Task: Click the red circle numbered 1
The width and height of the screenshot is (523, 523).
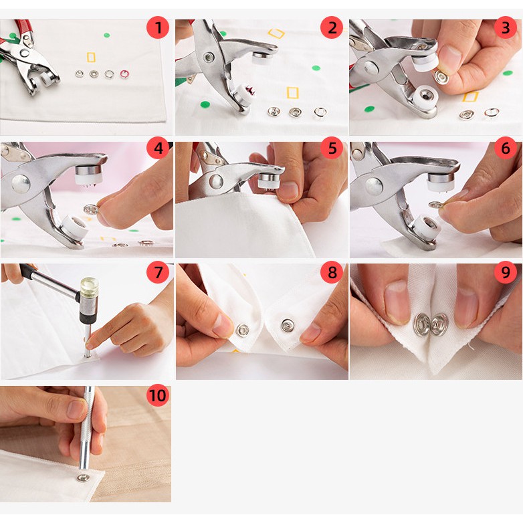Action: point(158,27)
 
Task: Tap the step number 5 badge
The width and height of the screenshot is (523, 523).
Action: point(332,148)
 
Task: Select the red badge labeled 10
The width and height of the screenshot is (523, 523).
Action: point(158,395)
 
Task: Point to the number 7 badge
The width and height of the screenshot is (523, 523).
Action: point(158,272)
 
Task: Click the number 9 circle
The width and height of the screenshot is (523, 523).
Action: point(506,272)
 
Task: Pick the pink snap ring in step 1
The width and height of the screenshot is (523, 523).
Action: point(124,74)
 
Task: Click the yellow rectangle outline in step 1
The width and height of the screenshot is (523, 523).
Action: point(91,57)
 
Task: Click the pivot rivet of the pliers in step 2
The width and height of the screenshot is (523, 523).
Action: point(209,57)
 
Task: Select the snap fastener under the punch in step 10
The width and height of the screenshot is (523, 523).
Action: point(83,478)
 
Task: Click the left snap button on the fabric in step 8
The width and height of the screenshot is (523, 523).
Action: point(243,330)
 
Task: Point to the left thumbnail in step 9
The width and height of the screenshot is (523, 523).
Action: point(397,301)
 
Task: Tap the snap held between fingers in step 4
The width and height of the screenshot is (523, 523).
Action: point(91,210)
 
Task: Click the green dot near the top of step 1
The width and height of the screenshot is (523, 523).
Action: point(107,35)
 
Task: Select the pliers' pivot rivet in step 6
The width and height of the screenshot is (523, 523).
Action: point(374,187)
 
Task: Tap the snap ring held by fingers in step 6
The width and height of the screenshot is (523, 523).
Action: point(435,205)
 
